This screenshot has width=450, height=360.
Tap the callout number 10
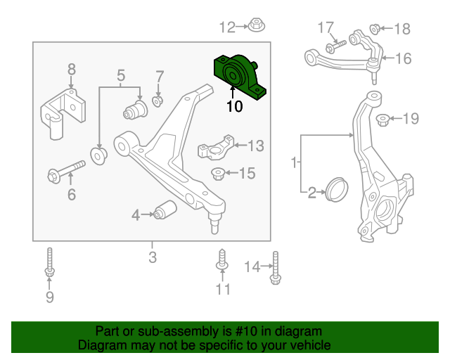point(234,107)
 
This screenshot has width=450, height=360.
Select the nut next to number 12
point(256,27)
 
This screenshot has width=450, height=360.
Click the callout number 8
point(71,69)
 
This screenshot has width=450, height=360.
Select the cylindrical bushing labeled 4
point(167,210)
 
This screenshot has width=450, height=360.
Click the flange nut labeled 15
point(218,172)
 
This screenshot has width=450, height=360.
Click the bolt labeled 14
point(275,267)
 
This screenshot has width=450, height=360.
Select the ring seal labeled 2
point(335,190)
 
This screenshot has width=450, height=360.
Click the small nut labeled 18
point(375,29)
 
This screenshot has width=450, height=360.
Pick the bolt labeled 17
point(333,46)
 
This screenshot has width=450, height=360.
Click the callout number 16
point(403,58)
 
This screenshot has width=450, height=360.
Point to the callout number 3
point(153,257)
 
